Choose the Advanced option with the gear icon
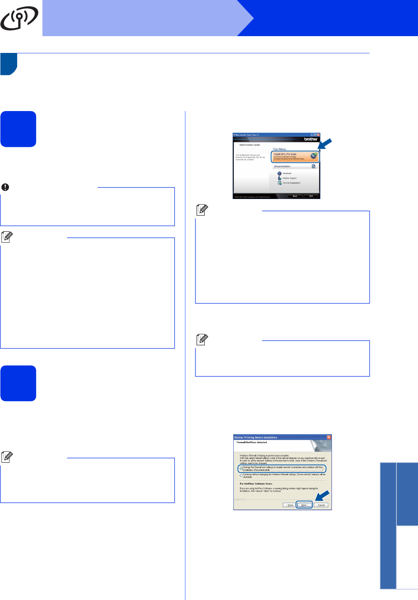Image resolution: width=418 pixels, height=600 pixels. point(287,173)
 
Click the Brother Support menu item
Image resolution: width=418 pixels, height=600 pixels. point(289,178)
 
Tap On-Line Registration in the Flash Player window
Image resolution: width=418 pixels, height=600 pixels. point(291,183)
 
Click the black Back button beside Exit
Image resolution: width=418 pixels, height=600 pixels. point(295,196)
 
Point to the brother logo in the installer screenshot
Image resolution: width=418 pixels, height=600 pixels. point(311,139)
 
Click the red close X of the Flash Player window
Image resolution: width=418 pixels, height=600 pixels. point(318,135)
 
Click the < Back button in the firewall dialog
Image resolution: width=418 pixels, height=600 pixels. point(290,505)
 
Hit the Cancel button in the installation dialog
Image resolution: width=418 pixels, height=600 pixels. point(321,505)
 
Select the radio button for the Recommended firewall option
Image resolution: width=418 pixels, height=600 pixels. point(241,468)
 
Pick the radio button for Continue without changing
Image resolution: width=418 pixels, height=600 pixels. point(241,476)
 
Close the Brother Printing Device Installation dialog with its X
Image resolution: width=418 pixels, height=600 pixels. point(329,437)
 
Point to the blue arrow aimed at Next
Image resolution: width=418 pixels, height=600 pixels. point(322,496)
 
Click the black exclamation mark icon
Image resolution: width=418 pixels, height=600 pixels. point(5,187)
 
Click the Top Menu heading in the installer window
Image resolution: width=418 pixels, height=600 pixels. point(280,149)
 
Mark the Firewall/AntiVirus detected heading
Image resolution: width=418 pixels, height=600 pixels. point(252,442)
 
